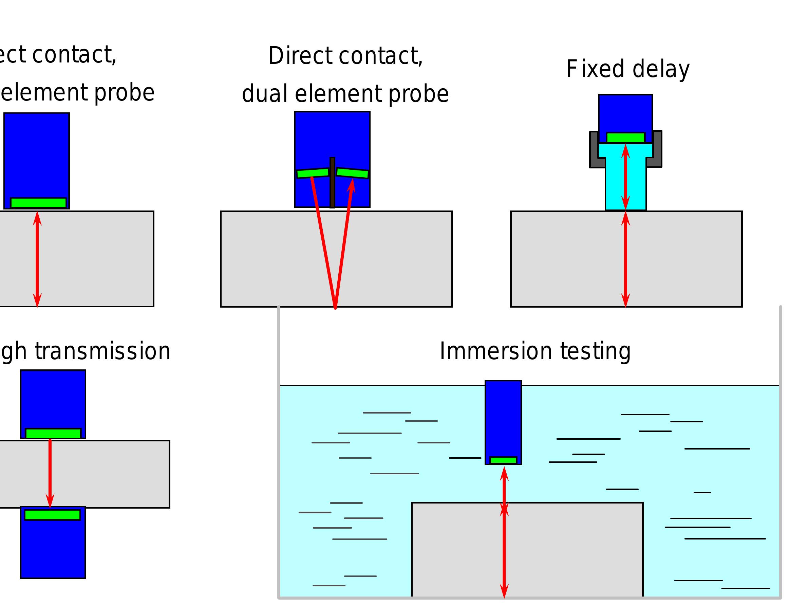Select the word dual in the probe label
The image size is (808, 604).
pos(264,94)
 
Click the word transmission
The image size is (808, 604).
pos(102,351)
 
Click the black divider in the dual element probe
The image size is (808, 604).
pos(332,183)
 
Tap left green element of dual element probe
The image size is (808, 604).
pos(313,173)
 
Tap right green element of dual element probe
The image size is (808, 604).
pos(352,173)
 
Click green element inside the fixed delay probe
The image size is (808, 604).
pos(625,138)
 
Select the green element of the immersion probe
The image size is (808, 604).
pos(503,460)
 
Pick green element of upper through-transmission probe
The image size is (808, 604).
pos(53,434)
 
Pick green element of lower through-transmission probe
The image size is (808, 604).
pos(53,515)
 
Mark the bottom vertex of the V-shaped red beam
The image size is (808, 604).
pos(335,308)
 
